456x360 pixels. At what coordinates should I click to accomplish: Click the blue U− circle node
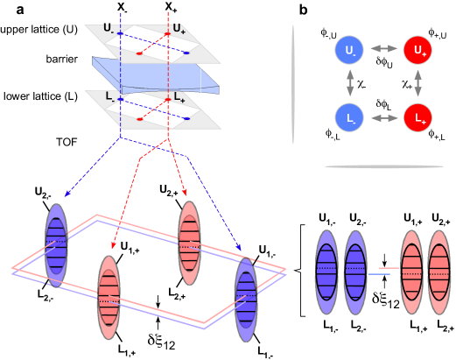point(349,50)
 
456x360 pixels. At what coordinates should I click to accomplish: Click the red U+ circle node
point(417,50)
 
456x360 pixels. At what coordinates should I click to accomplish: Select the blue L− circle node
point(349,117)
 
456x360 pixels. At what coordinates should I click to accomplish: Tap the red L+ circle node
point(417,117)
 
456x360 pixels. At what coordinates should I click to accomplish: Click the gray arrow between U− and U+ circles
point(383,49)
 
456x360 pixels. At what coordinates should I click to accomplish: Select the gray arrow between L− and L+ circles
point(383,117)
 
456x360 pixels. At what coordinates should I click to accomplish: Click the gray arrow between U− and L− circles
point(350,83)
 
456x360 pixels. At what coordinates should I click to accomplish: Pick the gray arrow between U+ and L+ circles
point(417,83)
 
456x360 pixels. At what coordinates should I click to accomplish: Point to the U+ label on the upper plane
point(179,28)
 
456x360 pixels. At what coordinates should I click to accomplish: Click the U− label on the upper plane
point(109,28)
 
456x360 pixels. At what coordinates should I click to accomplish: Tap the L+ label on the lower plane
point(179,95)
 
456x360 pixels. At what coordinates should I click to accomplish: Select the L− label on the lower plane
point(109,95)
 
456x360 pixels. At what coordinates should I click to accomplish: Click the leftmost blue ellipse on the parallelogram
point(56,245)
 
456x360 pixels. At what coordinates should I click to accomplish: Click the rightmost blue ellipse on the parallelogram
point(246,300)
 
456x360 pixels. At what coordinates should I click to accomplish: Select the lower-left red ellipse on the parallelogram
point(109,297)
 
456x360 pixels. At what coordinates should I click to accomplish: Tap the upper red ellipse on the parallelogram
point(189,243)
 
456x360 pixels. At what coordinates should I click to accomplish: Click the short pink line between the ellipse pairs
point(389,267)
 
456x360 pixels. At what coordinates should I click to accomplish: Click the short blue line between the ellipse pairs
point(379,274)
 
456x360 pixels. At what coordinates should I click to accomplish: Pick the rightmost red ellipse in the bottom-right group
point(439,272)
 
